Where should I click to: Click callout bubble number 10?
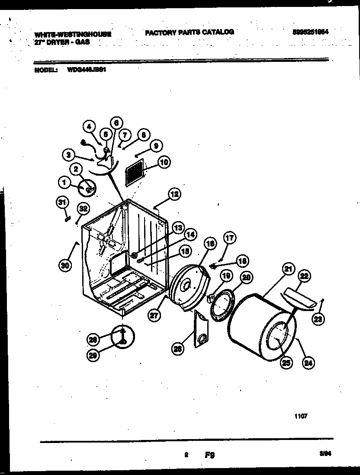[164, 163]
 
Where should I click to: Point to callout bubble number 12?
[174, 194]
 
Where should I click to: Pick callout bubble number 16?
[210, 244]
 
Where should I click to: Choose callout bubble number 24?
[308, 363]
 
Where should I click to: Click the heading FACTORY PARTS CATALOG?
[189, 32]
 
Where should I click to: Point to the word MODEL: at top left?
[45, 68]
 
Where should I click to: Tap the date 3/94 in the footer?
[325, 453]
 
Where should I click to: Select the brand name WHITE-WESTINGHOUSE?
[72, 34]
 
